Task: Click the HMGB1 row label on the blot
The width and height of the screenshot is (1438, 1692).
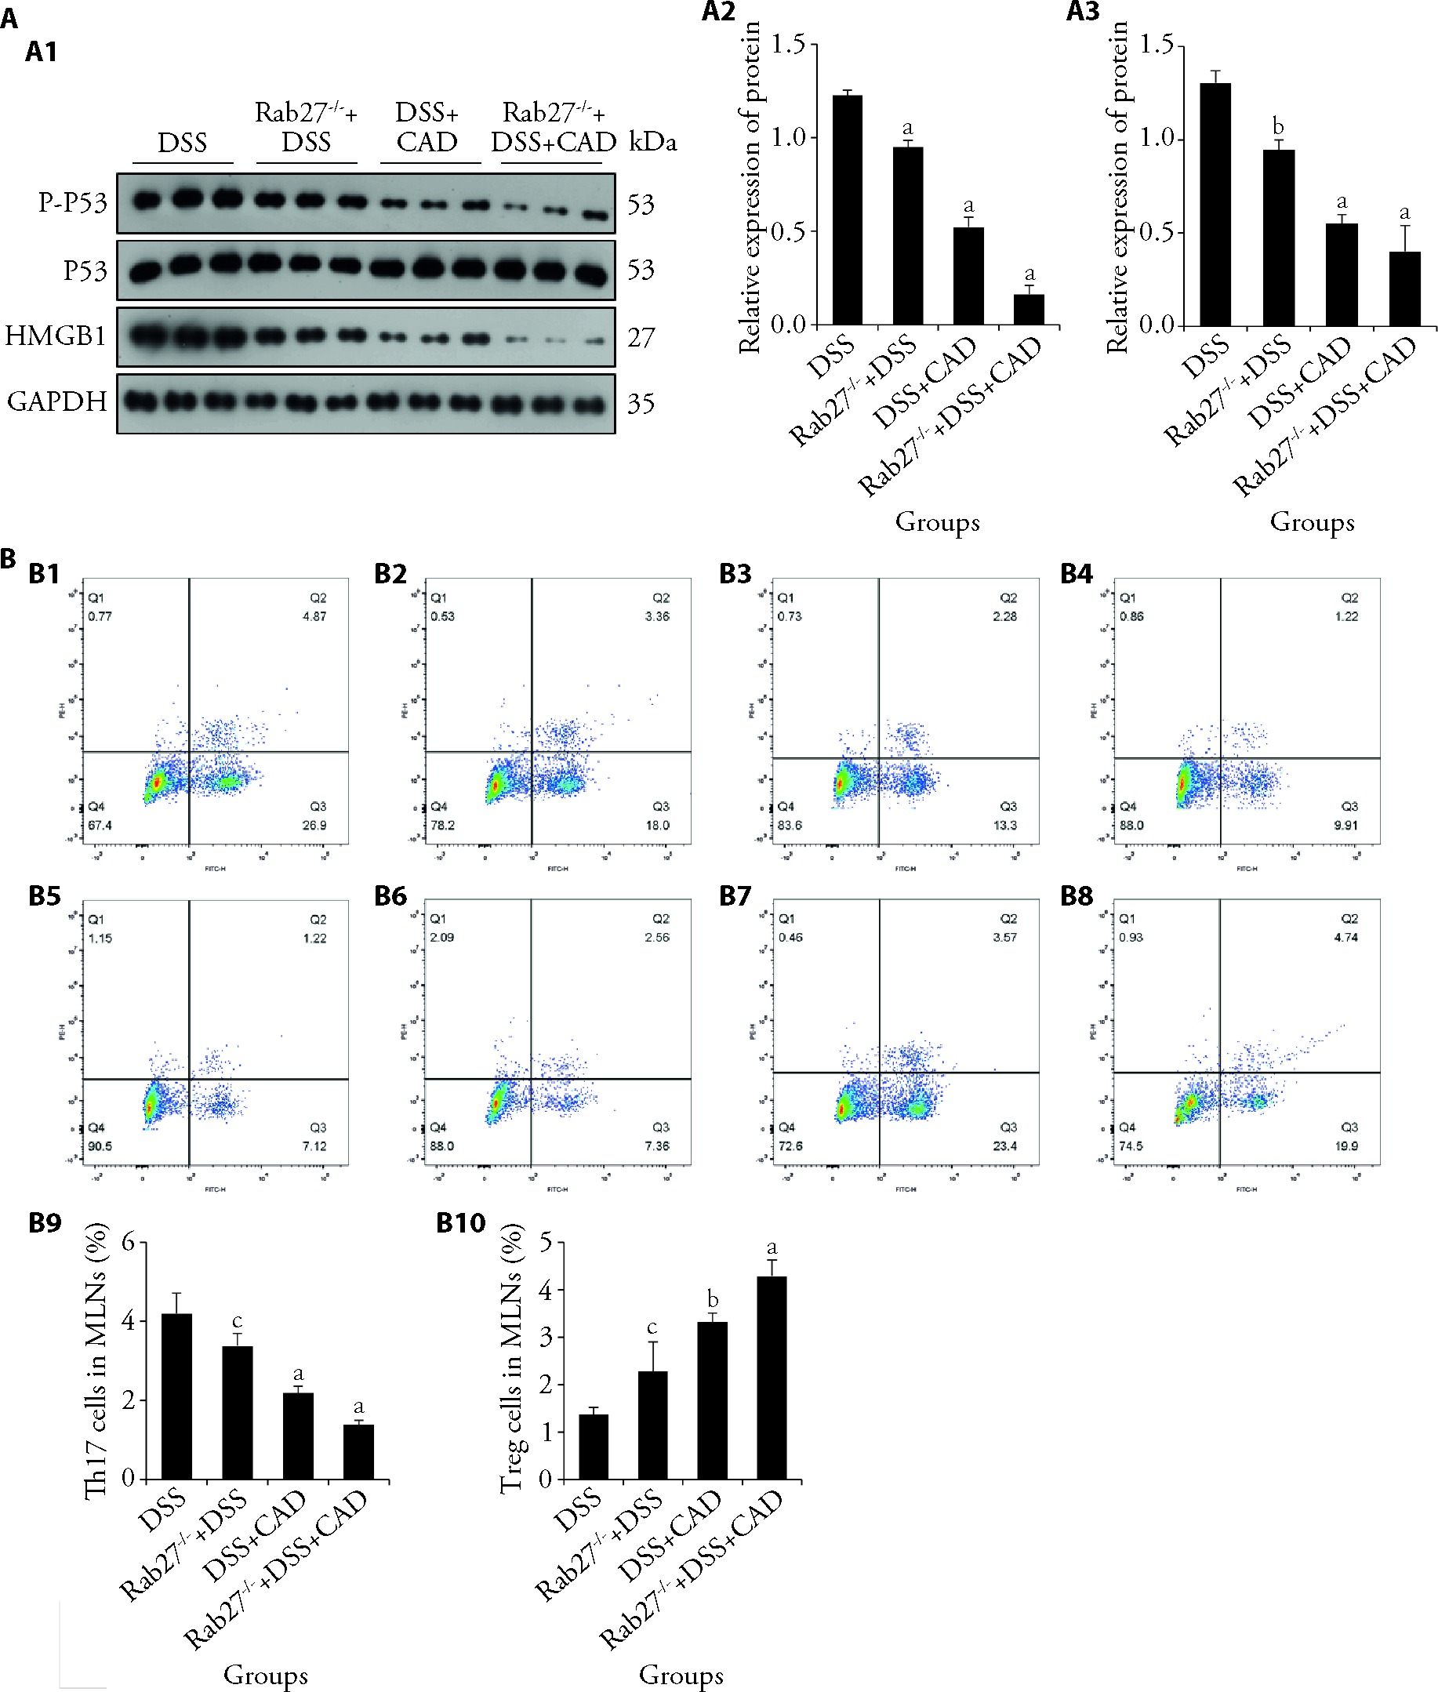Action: coord(56,336)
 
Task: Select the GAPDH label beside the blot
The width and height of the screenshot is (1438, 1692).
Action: coord(57,401)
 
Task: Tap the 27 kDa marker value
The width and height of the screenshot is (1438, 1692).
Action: coord(641,337)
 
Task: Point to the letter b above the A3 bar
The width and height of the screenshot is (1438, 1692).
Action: coord(1278,127)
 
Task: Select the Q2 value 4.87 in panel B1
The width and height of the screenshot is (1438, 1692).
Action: coord(314,616)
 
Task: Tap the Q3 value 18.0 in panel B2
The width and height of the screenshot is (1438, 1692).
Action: coord(657,825)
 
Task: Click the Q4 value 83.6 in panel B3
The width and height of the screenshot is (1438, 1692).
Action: coord(789,825)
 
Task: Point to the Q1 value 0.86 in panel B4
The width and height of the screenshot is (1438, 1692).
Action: coord(1131,616)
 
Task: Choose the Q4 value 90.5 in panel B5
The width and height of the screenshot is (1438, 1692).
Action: coord(100,1146)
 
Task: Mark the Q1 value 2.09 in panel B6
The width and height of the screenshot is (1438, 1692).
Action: coord(443,937)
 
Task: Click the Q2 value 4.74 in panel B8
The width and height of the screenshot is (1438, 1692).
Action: coord(1346,937)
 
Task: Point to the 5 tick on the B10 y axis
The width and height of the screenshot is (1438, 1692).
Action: coord(546,1242)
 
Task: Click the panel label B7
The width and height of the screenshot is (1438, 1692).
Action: coord(735,896)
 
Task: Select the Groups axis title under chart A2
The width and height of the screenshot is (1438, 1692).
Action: coord(938,521)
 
